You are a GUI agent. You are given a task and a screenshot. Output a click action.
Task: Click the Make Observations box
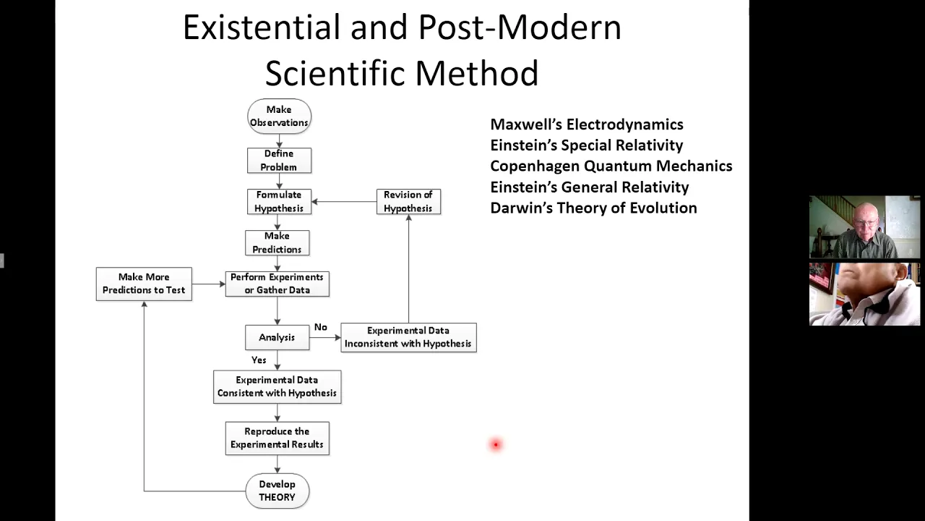click(279, 117)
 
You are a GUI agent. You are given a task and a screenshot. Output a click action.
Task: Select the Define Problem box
click(279, 161)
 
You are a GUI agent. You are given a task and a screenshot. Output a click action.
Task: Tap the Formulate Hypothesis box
click(279, 202)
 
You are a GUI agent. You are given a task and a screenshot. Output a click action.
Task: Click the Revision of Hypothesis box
click(408, 202)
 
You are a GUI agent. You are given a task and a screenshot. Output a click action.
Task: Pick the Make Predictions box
click(277, 242)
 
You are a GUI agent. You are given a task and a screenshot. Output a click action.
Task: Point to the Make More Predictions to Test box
click(144, 284)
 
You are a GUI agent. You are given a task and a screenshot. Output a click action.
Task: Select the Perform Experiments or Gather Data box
click(277, 284)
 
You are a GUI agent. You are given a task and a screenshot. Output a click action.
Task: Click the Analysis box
click(277, 337)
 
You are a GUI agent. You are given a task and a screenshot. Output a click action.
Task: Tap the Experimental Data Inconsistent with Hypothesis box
click(408, 337)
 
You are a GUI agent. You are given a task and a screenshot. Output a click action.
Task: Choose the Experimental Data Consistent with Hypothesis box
click(277, 386)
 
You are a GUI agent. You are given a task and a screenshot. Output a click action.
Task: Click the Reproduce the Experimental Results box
click(277, 439)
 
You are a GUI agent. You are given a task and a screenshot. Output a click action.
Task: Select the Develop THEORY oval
click(277, 491)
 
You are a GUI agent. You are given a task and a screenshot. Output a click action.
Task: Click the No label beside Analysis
click(321, 327)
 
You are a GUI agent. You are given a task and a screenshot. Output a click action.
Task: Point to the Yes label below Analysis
click(259, 360)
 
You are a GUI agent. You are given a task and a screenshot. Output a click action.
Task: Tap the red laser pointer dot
click(496, 444)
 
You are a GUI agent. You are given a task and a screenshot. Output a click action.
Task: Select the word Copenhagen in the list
click(535, 166)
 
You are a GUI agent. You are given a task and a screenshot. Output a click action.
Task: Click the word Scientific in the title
click(337, 73)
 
